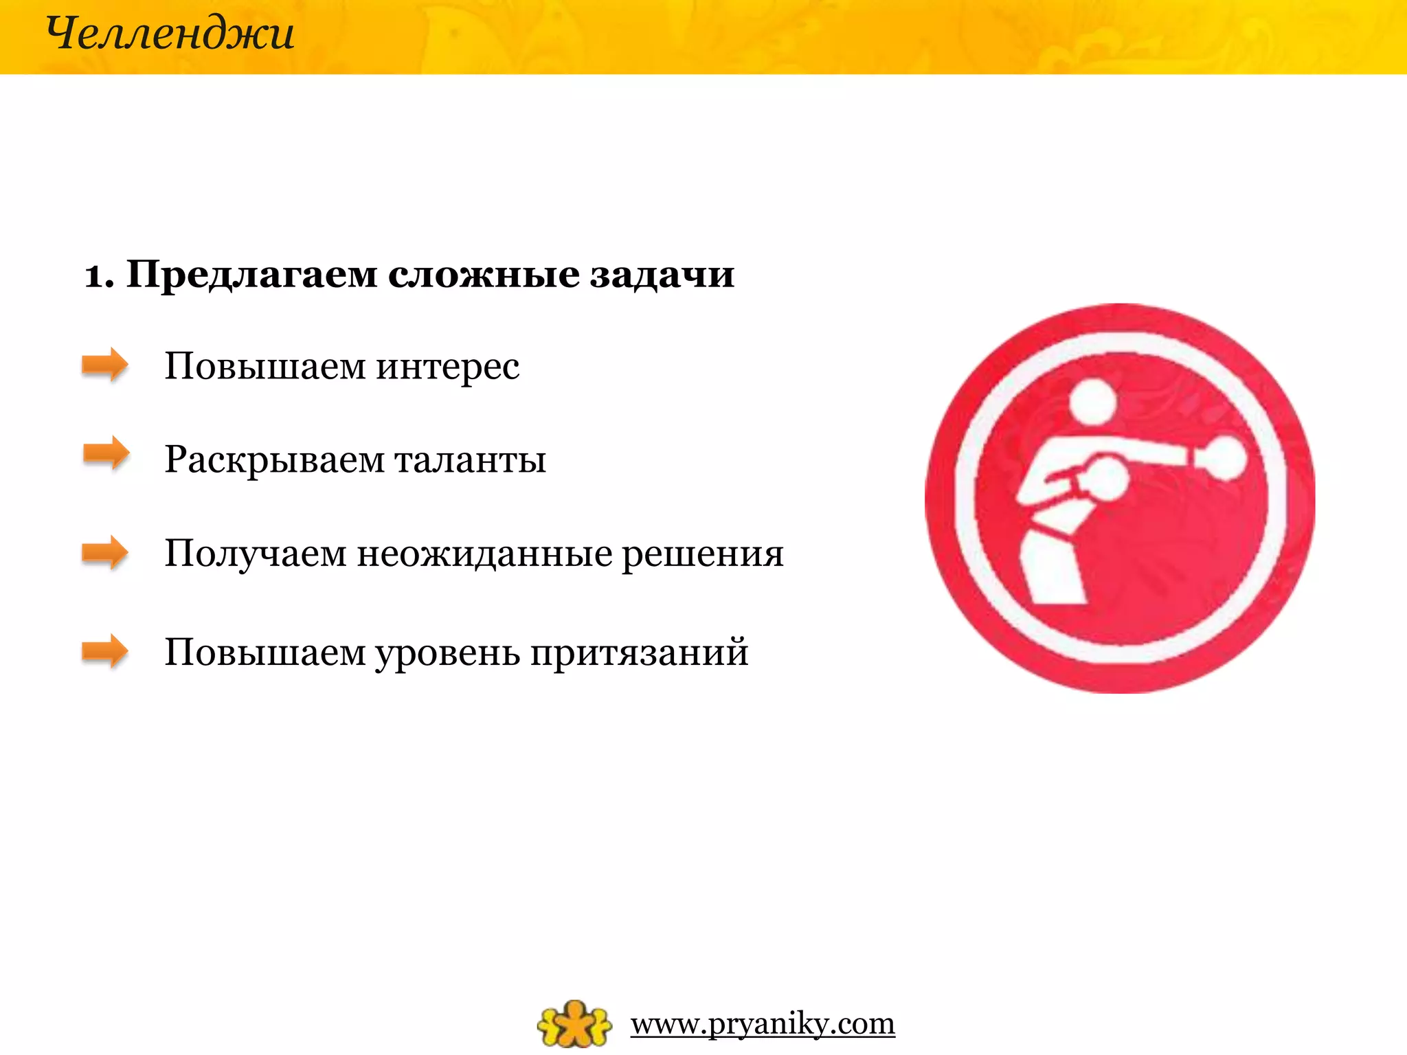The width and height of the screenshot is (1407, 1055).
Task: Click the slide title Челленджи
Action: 170,34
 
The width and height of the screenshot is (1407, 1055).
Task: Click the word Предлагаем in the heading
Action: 252,275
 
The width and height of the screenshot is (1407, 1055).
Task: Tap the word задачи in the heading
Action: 662,275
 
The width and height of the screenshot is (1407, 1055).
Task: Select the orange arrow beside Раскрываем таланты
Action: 106,453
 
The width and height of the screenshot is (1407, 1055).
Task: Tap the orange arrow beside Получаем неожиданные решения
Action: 104,552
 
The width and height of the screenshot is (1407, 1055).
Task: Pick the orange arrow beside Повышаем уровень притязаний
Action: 104,651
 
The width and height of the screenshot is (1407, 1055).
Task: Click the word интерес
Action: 447,366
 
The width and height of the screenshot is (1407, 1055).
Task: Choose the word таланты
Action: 471,460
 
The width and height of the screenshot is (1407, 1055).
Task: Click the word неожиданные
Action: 484,554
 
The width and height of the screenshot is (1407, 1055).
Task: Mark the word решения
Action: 702,554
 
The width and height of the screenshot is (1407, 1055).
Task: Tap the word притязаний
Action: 639,653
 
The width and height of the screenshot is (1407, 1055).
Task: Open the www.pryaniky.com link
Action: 763,1024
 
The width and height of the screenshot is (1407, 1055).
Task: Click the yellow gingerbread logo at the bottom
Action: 574,1023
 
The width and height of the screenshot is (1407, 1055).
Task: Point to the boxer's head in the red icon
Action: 1093,401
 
